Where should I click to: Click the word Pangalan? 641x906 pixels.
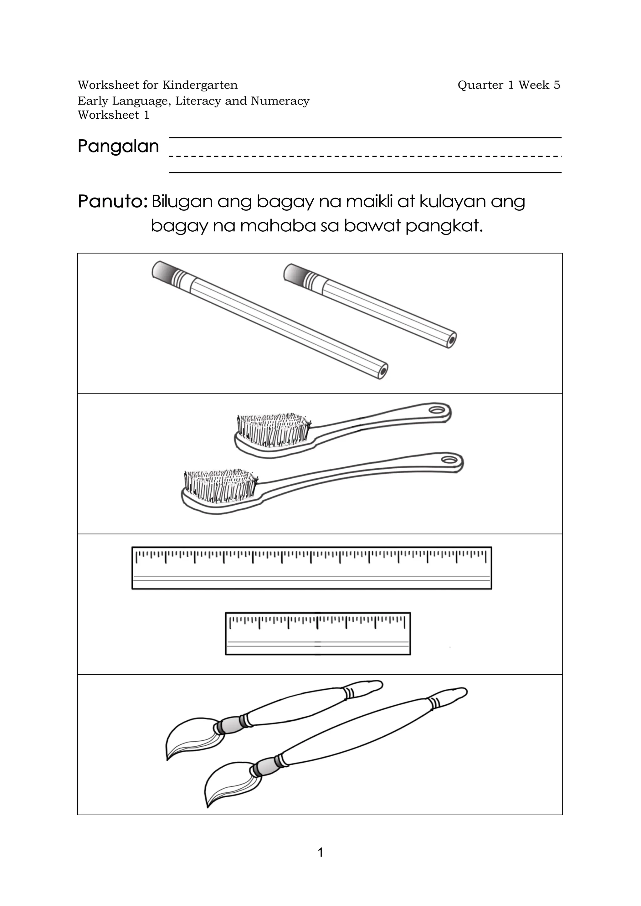(118, 147)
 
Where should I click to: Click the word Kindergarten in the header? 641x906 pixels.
(200, 85)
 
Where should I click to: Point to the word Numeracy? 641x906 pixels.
(280, 101)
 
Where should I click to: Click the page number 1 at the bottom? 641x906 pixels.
(320, 852)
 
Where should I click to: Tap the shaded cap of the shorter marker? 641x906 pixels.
(294, 274)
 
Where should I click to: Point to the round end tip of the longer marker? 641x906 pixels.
(382, 371)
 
